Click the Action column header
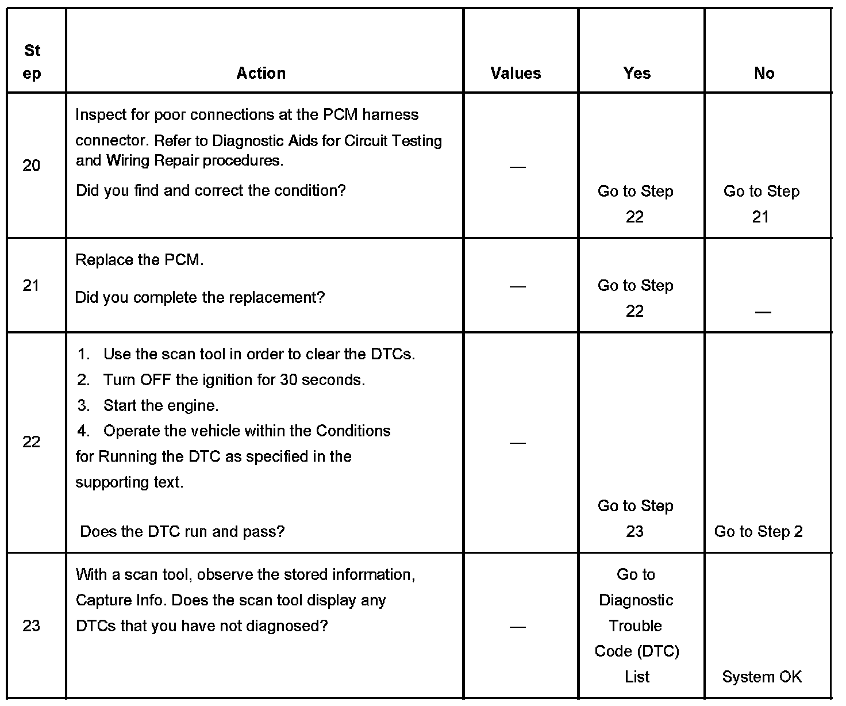[x=261, y=73]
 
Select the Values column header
[x=516, y=73]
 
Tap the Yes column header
[x=637, y=73]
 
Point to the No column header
[x=764, y=73]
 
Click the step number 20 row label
[x=32, y=166]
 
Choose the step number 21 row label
[x=32, y=285]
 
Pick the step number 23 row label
[x=32, y=626]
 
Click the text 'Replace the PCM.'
[x=140, y=260]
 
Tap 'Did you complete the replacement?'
[x=200, y=297]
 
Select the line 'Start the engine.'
[x=161, y=405]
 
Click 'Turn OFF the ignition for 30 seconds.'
[x=234, y=380]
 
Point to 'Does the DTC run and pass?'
[x=182, y=531]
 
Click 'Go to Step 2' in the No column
[x=758, y=531]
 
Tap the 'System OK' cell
[x=762, y=677]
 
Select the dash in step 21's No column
[x=763, y=312]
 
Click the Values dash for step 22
[x=517, y=443]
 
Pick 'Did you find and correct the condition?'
[x=210, y=190]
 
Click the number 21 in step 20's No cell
[x=760, y=217]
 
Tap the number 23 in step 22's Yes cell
[x=634, y=531]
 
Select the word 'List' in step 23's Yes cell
[x=637, y=677]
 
